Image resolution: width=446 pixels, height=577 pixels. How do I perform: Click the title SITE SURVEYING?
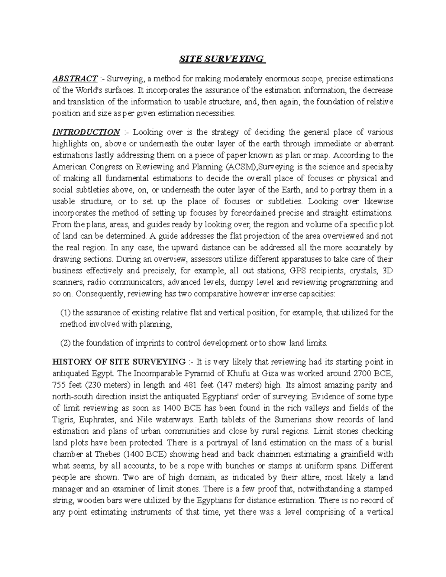point(222,59)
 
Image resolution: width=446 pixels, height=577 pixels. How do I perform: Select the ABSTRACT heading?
point(74,78)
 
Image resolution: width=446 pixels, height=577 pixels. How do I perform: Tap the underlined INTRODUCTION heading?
point(86,132)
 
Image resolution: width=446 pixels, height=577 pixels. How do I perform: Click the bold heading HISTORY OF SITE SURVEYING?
point(119,362)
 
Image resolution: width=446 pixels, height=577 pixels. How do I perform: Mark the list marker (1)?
point(65,313)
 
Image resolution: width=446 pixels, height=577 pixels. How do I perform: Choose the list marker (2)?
point(65,343)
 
